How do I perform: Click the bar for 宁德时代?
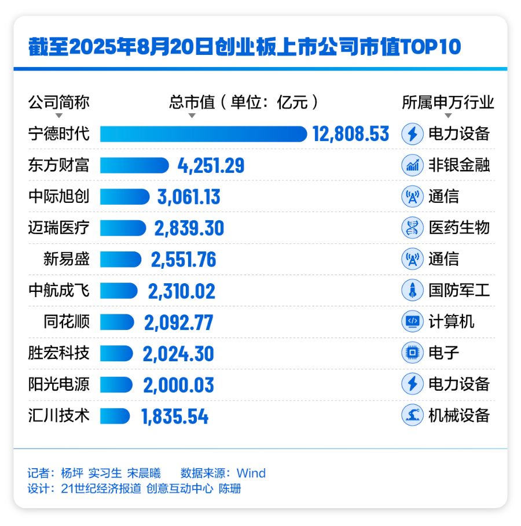pos(203,134)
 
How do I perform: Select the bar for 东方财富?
pos(134,165)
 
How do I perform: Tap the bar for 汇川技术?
pos(115,416)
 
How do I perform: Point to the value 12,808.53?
pos(351,134)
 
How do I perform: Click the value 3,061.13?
pos(189,197)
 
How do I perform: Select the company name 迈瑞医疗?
pos(59,228)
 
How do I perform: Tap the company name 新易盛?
pos(66,259)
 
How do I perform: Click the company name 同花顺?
pos(66,321)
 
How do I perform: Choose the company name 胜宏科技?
pos(59,353)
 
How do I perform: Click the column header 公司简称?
pos(59,102)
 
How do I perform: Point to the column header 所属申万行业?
pos(448,102)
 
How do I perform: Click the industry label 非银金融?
pos(459,165)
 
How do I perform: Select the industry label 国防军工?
pos(459,290)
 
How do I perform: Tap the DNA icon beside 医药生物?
pos(412,228)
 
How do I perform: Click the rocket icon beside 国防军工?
pos(412,290)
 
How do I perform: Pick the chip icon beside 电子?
pos(412,353)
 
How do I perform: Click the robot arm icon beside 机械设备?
pos(412,416)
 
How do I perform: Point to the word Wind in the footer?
pos(251,473)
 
